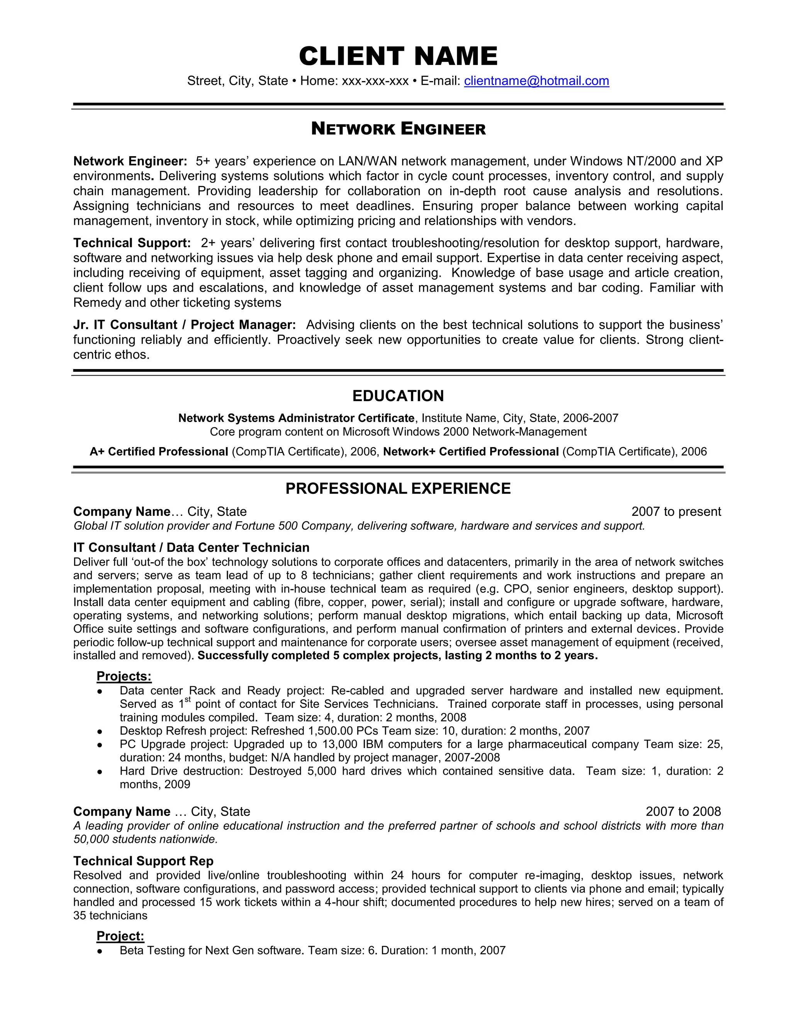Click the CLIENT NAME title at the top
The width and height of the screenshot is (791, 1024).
(x=398, y=56)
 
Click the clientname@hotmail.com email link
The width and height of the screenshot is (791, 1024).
(x=536, y=81)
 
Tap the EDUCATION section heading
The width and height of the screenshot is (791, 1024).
(x=398, y=396)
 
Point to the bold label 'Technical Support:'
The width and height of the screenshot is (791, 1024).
(x=132, y=243)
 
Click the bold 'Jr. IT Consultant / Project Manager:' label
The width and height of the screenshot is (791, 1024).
(x=184, y=325)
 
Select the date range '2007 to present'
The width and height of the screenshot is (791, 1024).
(x=676, y=512)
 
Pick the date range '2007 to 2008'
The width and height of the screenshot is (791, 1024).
(x=683, y=811)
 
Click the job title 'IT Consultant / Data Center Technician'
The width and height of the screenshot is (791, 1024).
(x=191, y=548)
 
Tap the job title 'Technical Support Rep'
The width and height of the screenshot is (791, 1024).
(x=143, y=861)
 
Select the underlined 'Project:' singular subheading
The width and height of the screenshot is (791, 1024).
(x=120, y=936)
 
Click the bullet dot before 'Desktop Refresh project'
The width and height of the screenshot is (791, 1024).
(x=99, y=731)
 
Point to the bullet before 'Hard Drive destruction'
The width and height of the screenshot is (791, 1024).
(x=99, y=772)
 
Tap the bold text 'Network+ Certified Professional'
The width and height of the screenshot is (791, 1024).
(x=470, y=451)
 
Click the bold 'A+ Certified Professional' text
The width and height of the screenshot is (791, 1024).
(x=158, y=451)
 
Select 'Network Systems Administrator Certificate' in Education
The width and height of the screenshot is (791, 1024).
(x=296, y=418)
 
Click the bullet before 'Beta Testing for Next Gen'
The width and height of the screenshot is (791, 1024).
(x=99, y=951)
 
